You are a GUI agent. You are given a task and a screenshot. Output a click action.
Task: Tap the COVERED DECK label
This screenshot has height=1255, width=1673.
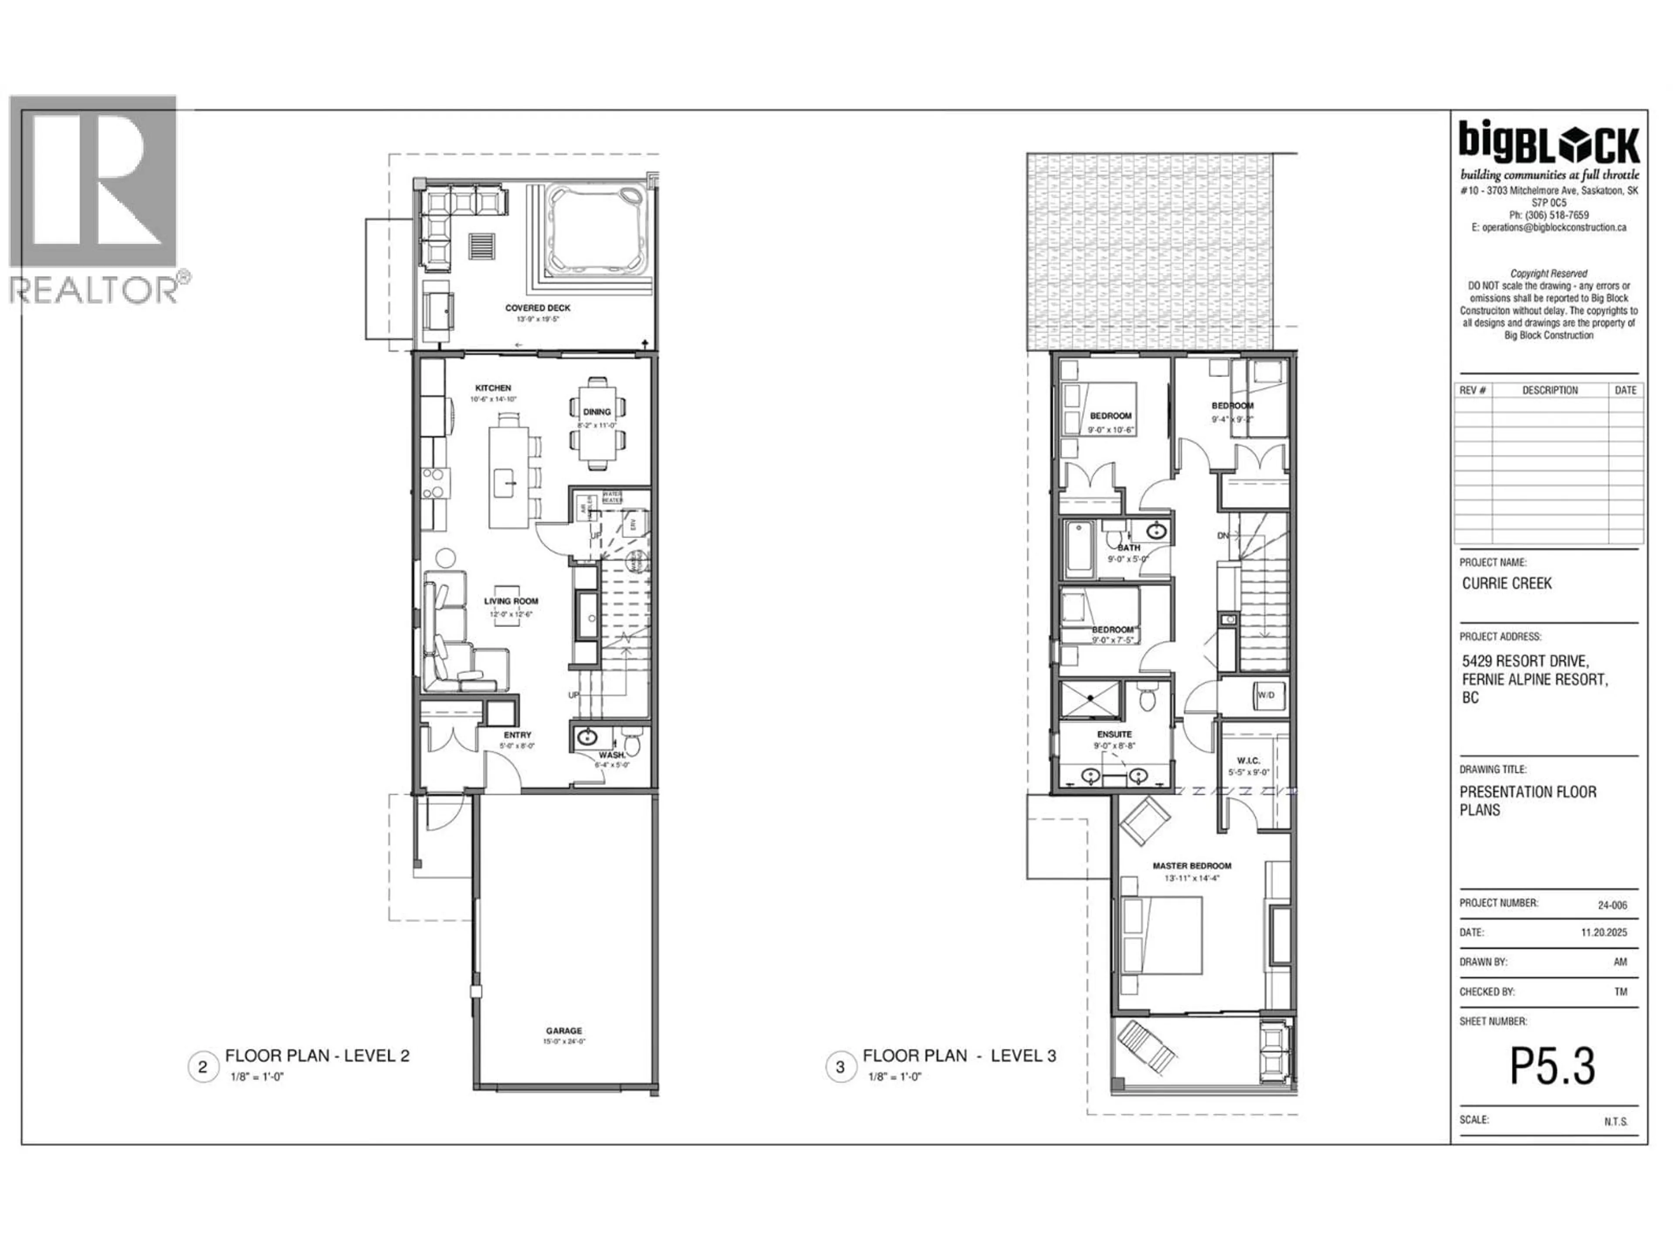(x=538, y=308)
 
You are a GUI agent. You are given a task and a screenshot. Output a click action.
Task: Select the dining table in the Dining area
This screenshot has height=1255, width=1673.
(x=597, y=424)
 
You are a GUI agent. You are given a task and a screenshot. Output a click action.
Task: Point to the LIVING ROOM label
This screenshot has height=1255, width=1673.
(x=511, y=601)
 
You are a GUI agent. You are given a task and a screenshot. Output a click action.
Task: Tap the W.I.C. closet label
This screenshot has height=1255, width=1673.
(x=1248, y=760)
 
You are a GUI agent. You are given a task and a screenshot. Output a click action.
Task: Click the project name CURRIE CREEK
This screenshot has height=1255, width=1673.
(x=1507, y=583)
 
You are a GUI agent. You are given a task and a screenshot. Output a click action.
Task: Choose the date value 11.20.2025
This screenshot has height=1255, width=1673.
(x=1603, y=933)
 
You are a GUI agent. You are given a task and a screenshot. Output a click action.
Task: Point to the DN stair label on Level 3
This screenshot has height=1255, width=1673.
(x=1223, y=536)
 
